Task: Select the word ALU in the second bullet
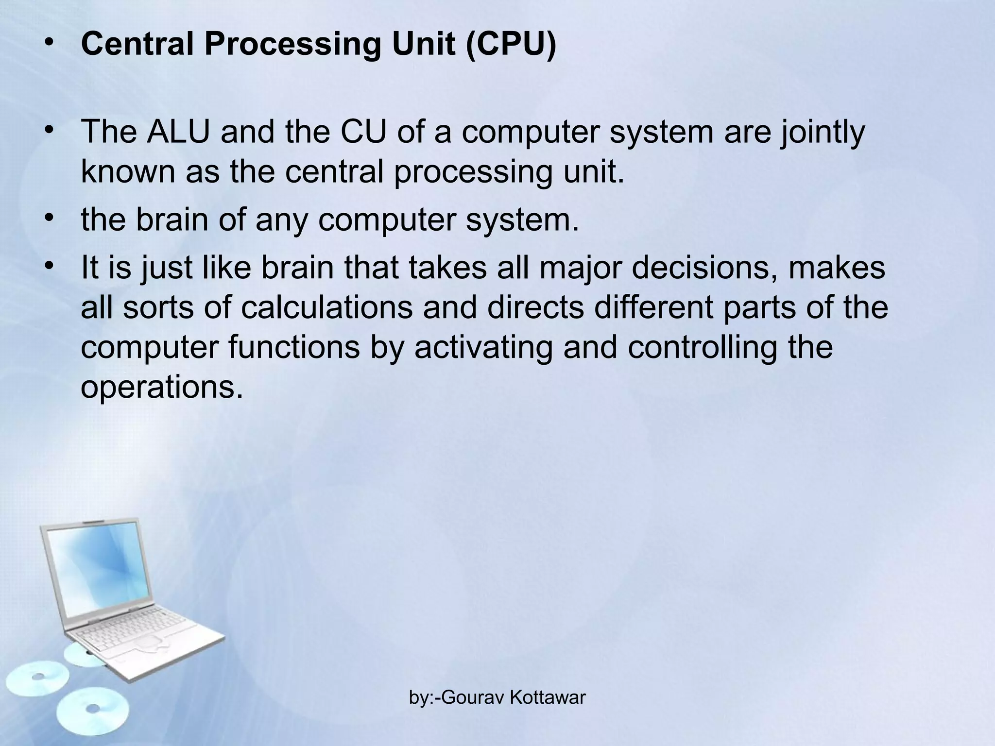click(178, 132)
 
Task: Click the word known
click(128, 172)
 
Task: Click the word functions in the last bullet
click(294, 348)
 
